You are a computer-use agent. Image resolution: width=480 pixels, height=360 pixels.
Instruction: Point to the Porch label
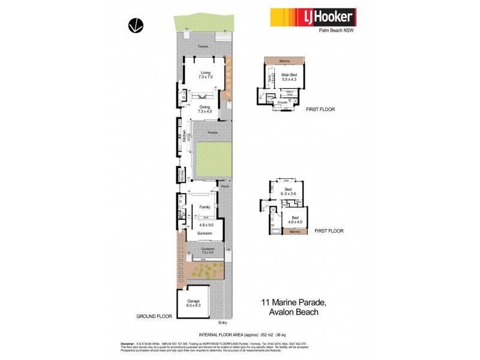click(x=225, y=187)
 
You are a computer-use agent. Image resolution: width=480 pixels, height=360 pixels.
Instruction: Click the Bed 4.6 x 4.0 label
click(x=294, y=218)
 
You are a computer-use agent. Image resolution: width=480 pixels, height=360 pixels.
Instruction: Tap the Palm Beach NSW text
click(x=336, y=34)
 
